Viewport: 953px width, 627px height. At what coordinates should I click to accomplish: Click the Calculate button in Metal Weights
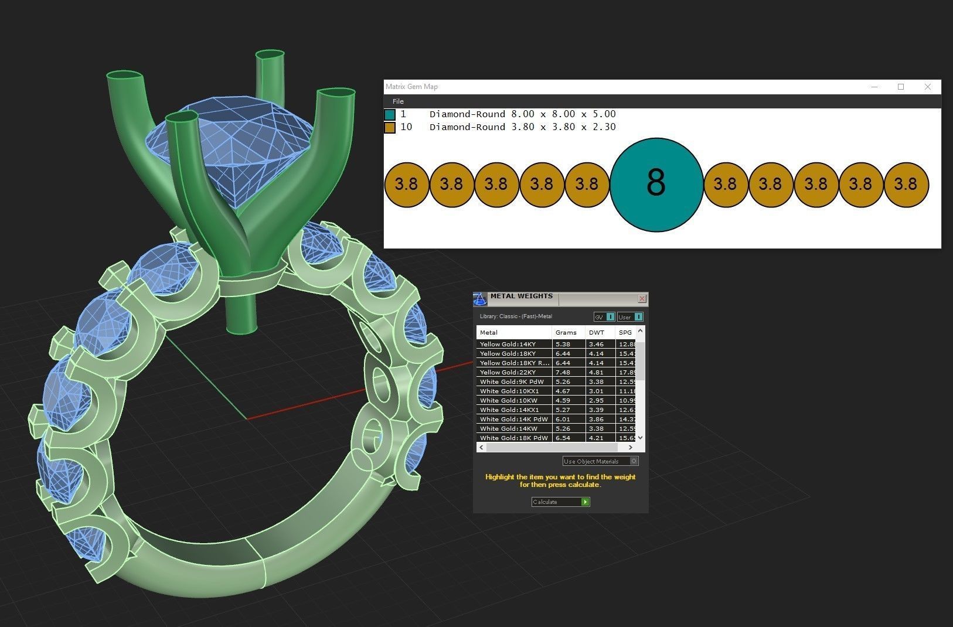560,502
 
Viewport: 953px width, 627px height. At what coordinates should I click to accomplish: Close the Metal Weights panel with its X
642,299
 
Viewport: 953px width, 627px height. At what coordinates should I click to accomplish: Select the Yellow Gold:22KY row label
508,372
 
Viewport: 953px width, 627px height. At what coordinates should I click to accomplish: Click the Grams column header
566,332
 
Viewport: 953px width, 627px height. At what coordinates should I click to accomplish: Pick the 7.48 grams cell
563,372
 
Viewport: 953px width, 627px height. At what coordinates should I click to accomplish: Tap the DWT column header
597,332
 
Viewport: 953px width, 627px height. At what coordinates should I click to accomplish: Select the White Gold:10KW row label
508,400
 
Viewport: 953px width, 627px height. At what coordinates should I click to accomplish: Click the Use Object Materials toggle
634,461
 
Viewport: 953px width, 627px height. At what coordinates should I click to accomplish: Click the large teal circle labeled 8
656,184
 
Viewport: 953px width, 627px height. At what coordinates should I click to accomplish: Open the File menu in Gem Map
398,101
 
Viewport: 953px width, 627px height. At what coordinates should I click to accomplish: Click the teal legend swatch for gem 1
390,114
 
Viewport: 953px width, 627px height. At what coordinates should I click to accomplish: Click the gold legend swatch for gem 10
390,127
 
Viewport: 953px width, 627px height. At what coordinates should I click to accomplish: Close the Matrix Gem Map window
927,87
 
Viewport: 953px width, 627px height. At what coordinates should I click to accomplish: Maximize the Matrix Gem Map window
901,87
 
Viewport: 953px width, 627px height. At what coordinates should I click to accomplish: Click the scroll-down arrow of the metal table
640,437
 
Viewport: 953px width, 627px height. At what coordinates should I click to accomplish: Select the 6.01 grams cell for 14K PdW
563,419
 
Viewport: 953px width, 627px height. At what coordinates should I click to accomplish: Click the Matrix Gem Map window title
412,87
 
